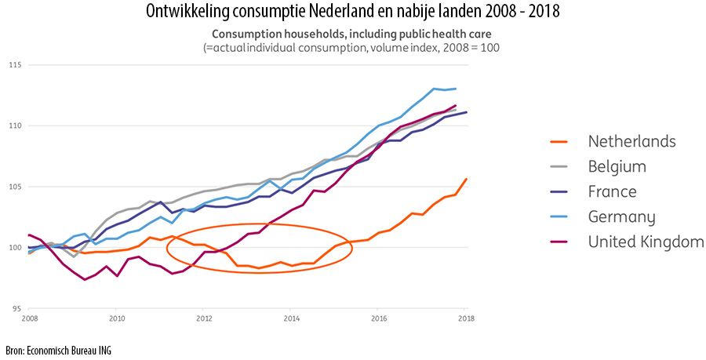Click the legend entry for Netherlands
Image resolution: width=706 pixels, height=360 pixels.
pyautogui.click(x=631, y=142)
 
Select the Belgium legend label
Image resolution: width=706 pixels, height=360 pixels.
pyautogui.click(x=617, y=167)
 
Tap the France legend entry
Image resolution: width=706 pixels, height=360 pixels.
pyautogui.click(x=612, y=192)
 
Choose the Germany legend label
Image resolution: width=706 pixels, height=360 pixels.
pyautogui.click(x=621, y=217)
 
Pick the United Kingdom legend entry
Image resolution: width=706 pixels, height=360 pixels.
pyautogui.click(x=646, y=242)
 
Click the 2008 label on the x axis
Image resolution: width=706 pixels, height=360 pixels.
pyautogui.click(x=30, y=319)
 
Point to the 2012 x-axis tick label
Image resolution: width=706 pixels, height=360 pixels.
pyautogui.click(x=205, y=319)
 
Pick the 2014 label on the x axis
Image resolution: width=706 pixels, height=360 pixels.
pyautogui.click(x=292, y=319)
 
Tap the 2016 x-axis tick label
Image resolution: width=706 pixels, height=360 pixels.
pyautogui.click(x=379, y=319)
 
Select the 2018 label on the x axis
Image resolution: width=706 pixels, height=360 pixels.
pyautogui.click(x=466, y=319)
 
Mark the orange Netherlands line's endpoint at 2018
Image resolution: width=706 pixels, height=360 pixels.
pyautogui.click(x=466, y=179)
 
